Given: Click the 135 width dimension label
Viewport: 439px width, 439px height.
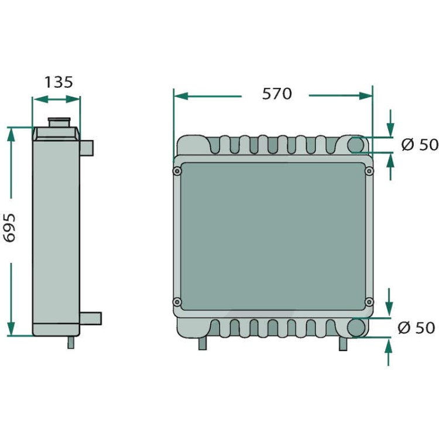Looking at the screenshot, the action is [59, 82].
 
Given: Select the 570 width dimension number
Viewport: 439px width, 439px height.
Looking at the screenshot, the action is [277, 94].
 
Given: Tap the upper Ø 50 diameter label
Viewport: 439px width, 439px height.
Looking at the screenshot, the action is [420, 145].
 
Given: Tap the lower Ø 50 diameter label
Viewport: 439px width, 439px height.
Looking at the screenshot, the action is [416, 328].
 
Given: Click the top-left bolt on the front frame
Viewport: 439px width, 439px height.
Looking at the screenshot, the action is [177, 171].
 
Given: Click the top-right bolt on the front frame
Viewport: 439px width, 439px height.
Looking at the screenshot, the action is [369, 171].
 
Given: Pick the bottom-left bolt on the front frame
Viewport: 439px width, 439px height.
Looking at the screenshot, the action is [177, 302].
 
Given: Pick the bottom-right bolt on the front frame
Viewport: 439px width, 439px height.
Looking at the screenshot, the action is [369, 302].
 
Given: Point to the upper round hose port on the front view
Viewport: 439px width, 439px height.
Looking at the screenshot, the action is [355, 145].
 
